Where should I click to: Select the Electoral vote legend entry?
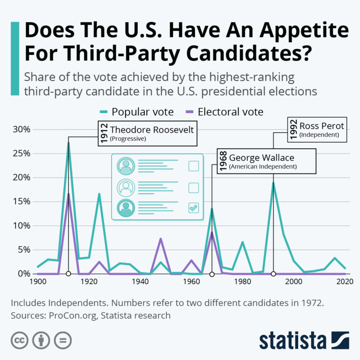[230, 112]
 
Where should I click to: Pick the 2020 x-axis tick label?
[345, 282]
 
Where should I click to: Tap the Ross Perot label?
[322, 126]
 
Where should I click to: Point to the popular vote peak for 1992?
[273, 183]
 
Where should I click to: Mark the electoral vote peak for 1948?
[161, 239]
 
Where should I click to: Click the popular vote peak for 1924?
[99, 194]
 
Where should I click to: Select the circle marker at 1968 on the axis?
[212, 274]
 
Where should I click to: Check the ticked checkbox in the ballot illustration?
[194, 207]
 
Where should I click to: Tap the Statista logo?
[304, 340]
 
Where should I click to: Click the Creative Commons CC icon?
[19, 340]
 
